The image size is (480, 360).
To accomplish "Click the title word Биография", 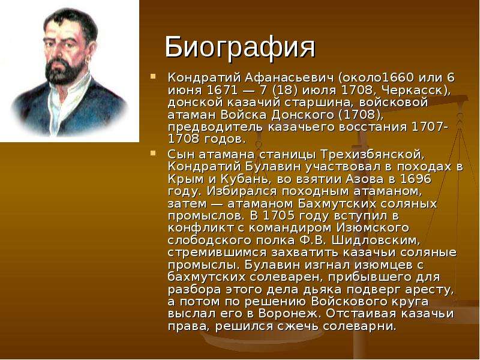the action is point(240,47).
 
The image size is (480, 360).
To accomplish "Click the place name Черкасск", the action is point(413,91).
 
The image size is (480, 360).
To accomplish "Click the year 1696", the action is point(416,179).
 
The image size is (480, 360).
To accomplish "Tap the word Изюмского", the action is point(373,229).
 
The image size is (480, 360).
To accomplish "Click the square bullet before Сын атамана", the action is point(153,153).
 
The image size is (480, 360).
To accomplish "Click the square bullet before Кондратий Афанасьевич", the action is point(153,76).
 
